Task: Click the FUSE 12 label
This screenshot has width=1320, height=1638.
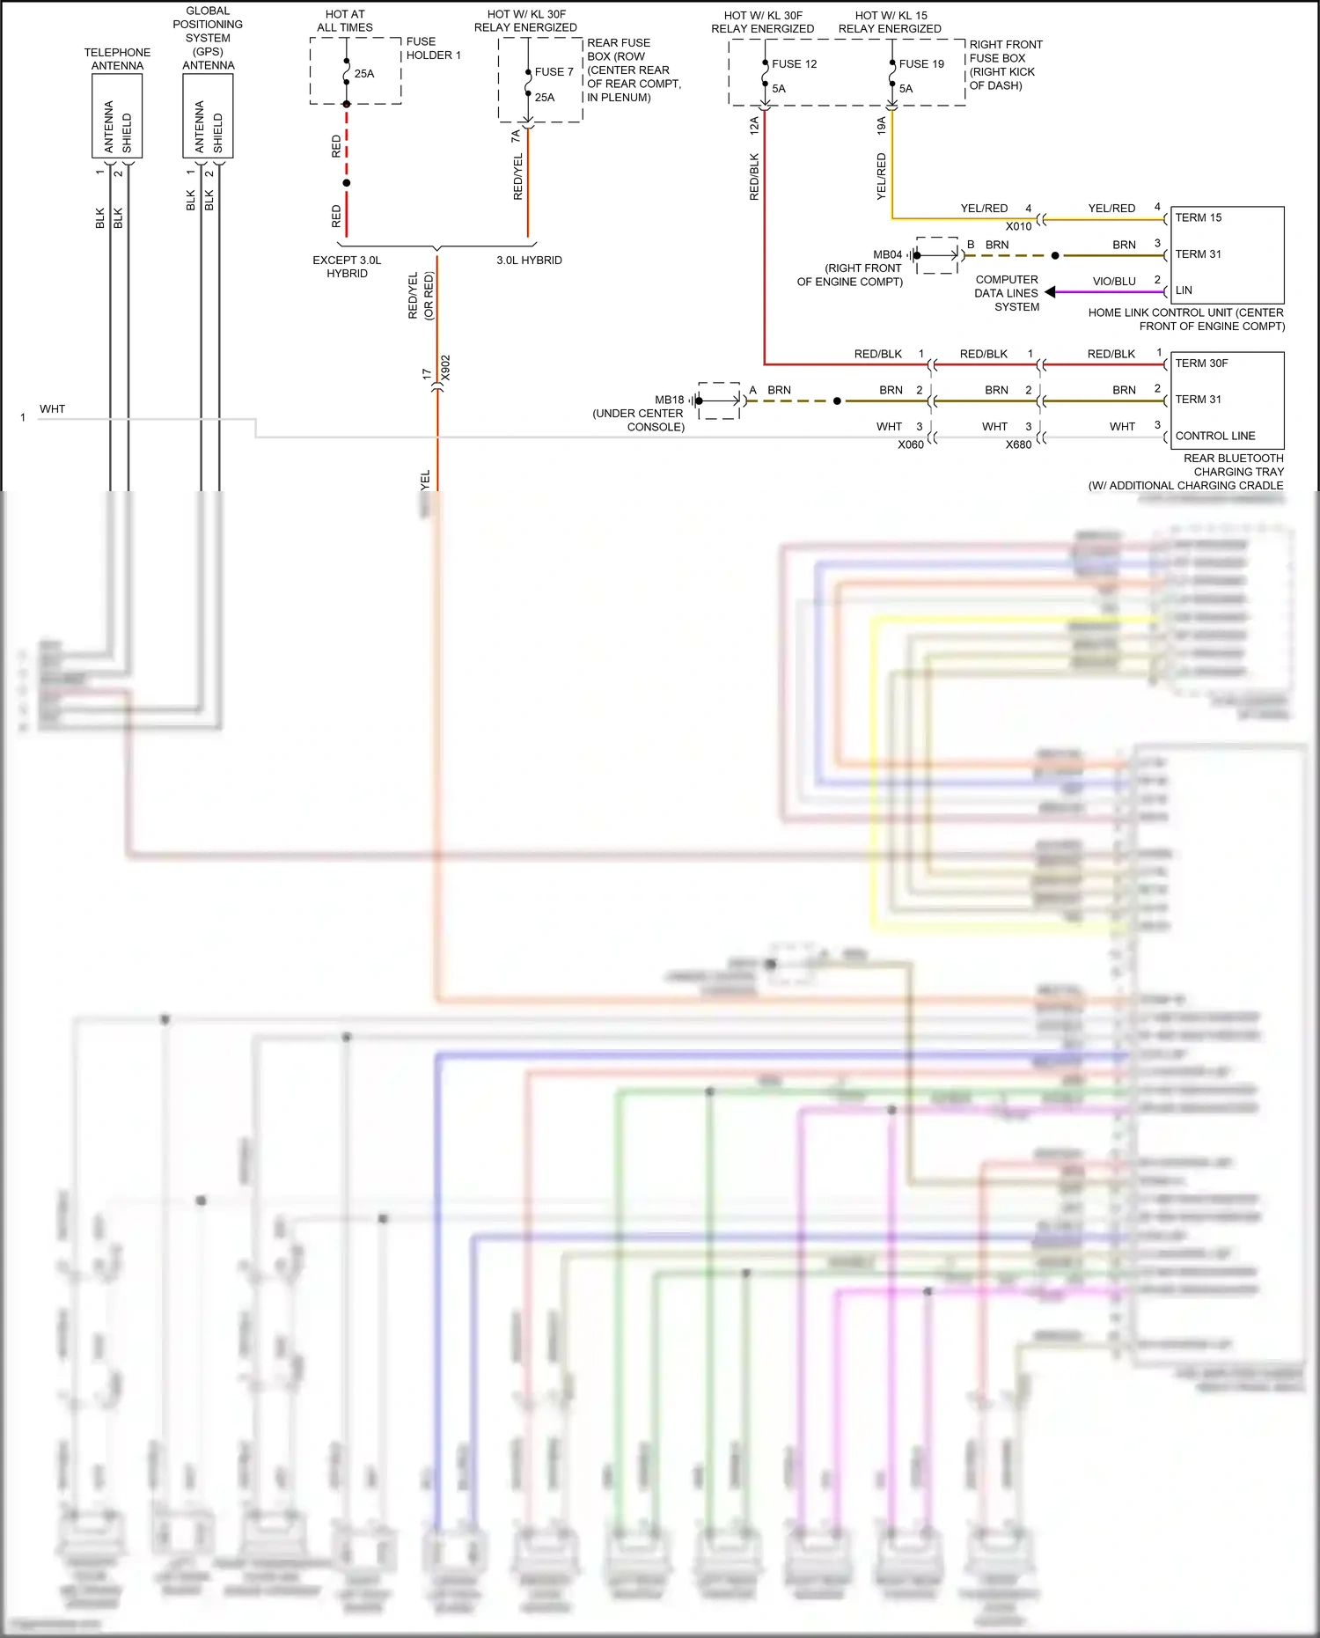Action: pyautogui.click(x=794, y=64)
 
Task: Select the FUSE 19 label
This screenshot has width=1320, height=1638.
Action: pyautogui.click(x=920, y=64)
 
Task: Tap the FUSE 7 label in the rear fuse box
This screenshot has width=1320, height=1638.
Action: pyautogui.click(x=554, y=72)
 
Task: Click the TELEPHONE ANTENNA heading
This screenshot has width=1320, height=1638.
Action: pyautogui.click(x=117, y=59)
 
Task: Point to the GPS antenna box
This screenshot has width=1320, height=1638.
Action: pyautogui.click(x=208, y=116)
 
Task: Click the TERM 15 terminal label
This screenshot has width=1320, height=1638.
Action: pyautogui.click(x=1198, y=217)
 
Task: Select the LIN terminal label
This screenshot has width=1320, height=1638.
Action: pyautogui.click(x=1184, y=290)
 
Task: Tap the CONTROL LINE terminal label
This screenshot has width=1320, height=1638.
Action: pyautogui.click(x=1214, y=436)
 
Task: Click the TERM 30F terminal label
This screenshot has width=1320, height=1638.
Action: pyautogui.click(x=1201, y=364)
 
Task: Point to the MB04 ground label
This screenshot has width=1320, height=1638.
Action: pyautogui.click(x=887, y=254)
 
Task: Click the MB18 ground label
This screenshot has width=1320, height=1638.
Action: pyautogui.click(x=669, y=400)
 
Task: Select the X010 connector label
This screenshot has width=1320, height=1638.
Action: pyautogui.click(x=1018, y=226)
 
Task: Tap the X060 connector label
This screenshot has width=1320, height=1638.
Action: pyautogui.click(x=910, y=444)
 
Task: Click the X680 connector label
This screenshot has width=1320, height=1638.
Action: pyautogui.click(x=1018, y=444)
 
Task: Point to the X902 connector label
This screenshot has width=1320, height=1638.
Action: pyautogui.click(x=445, y=368)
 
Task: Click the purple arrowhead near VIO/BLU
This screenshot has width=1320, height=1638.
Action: pyautogui.click(x=1050, y=292)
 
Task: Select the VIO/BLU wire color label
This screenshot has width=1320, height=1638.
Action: pyautogui.click(x=1113, y=282)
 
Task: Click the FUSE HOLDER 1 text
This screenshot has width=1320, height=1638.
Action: pyautogui.click(x=433, y=48)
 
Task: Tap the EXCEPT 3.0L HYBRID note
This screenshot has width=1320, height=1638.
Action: pyautogui.click(x=347, y=267)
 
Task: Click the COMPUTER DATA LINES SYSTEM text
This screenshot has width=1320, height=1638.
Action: pyautogui.click(x=1007, y=293)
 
